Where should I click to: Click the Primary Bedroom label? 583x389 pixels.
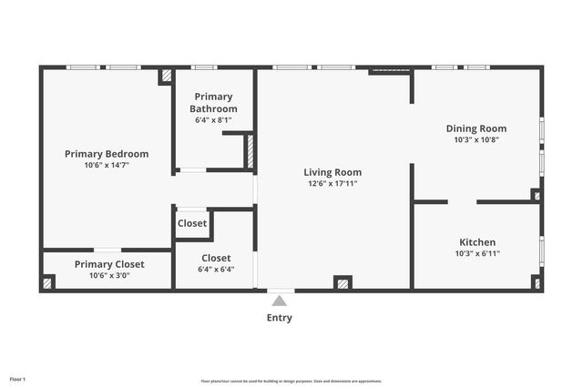[106, 154]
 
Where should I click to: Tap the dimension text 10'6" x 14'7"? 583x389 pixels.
[106, 166]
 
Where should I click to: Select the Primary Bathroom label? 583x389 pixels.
[213, 102]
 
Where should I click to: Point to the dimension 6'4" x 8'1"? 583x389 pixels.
[213, 119]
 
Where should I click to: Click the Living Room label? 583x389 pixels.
[332, 172]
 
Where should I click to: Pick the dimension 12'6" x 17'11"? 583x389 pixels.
[332, 184]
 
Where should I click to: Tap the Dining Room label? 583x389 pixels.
[476, 128]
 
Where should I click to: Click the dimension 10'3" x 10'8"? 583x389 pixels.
[476, 140]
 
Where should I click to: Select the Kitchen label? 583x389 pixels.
[476, 242]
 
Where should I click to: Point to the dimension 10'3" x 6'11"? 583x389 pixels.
[476, 254]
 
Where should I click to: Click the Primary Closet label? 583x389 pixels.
[109, 264]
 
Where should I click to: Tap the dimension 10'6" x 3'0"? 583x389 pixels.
[109, 275]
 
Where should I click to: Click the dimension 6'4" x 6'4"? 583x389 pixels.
[215, 270]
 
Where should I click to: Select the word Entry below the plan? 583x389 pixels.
[279, 318]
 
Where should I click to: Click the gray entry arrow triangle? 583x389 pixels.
[279, 300]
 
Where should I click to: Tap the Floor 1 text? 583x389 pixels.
[17, 378]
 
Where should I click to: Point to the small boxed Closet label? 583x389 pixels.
[192, 223]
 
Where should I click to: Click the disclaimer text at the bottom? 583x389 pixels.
[291, 381]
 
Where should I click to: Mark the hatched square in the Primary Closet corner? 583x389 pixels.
[48, 282]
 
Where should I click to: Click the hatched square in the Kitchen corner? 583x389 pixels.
[537, 282]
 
